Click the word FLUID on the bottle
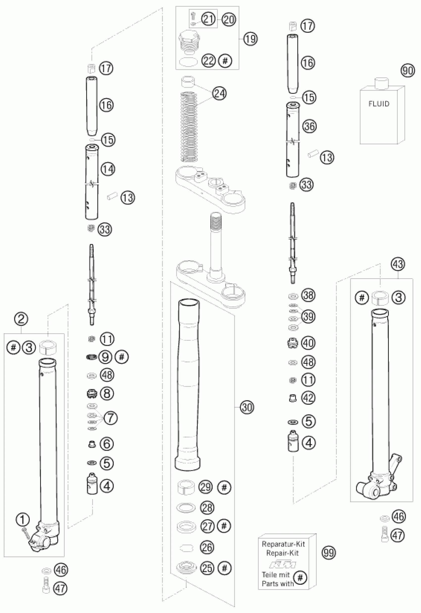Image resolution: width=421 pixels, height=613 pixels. point(379,104)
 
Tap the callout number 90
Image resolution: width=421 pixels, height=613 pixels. point(407,71)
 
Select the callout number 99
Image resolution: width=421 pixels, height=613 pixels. point(329,552)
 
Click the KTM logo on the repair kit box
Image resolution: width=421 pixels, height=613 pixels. point(282,565)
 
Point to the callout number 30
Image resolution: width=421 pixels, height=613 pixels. point(247,407)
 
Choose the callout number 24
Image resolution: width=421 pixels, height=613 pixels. point(219,93)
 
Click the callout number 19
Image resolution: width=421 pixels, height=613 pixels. point(250,39)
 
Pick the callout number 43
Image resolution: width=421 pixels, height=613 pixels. point(398,264)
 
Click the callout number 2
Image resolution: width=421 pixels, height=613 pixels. point(21,319)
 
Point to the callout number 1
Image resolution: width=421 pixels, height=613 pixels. point(23,520)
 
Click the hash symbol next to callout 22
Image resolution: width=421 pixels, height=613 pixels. point(225,61)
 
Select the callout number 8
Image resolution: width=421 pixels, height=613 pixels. point(107,394)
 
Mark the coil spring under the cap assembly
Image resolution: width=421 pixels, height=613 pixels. point(189,127)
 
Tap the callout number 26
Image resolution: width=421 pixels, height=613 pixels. point(207,547)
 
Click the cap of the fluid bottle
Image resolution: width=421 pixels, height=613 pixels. point(381,83)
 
